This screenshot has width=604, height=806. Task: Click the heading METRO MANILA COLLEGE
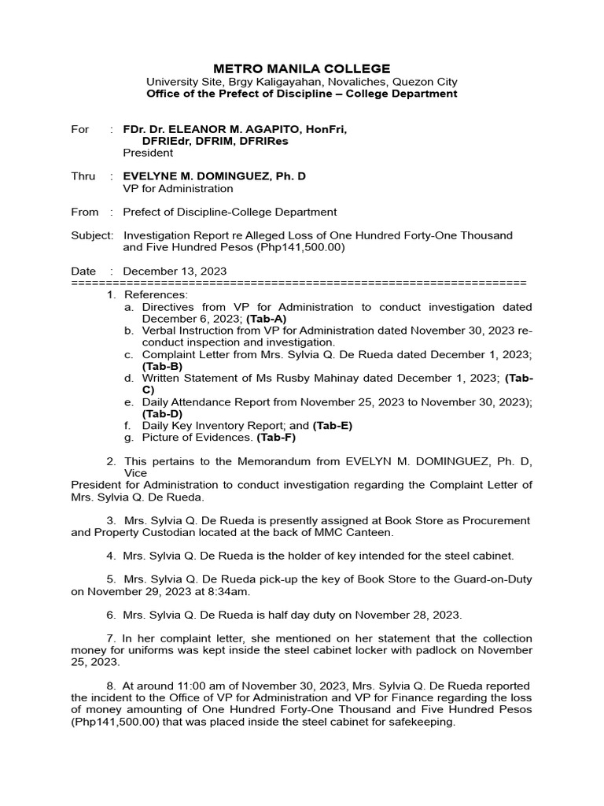point(302,68)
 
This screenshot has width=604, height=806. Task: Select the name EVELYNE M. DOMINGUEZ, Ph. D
point(214,176)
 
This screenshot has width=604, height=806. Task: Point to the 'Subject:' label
point(92,235)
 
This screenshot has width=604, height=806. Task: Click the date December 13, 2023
point(175,271)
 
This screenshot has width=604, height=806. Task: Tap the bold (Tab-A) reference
point(267,319)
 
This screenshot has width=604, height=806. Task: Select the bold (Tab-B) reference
point(162,366)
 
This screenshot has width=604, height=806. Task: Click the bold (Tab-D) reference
point(162,413)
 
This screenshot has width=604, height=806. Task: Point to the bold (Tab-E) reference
point(332,426)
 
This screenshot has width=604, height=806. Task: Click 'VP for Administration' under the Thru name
point(178,188)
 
